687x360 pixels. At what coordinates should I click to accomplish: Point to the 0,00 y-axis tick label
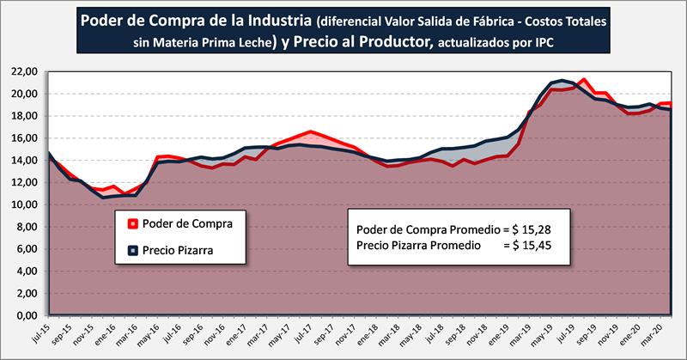point(25,316)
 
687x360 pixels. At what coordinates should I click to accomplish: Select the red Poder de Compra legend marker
point(132,225)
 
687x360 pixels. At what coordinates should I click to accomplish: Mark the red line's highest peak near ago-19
point(584,80)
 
